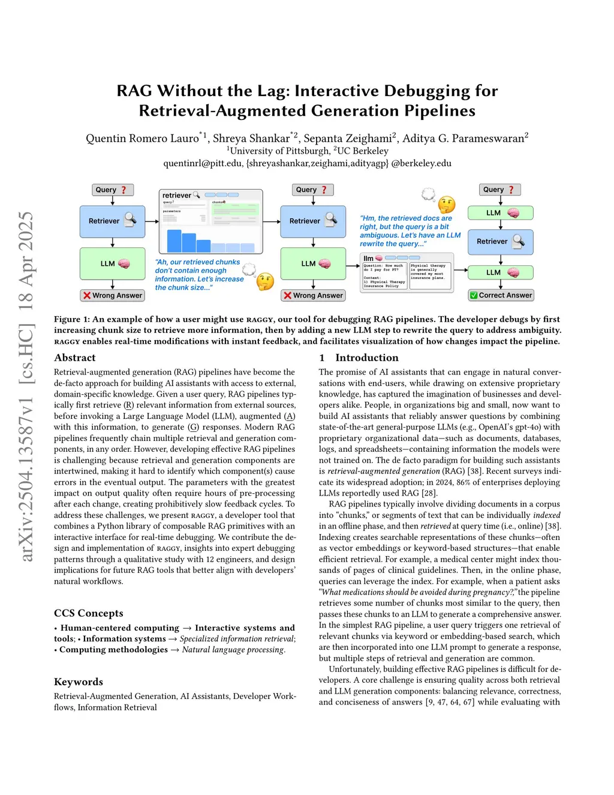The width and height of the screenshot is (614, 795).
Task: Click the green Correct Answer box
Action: [x=501, y=295]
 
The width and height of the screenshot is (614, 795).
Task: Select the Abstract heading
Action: [x=74, y=358]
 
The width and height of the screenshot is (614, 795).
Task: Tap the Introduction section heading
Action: [x=366, y=358]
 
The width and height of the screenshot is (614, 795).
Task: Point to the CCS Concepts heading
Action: [x=88, y=613]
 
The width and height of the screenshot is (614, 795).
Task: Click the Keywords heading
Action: [x=78, y=682]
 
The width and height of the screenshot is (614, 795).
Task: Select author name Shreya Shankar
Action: [x=251, y=139]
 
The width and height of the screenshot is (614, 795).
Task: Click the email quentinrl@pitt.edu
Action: [x=203, y=163]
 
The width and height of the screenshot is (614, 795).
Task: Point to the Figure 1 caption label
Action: [x=70, y=319]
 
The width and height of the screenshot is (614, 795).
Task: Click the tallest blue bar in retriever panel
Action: [x=174, y=241]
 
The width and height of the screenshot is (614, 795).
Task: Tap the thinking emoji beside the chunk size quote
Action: [x=265, y=281]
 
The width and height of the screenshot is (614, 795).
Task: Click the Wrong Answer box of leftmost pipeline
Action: [x=113, y=295]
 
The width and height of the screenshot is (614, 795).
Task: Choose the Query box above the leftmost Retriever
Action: [x=112, y=190]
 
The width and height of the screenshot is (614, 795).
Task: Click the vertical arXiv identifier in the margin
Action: [x=26, y=386]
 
